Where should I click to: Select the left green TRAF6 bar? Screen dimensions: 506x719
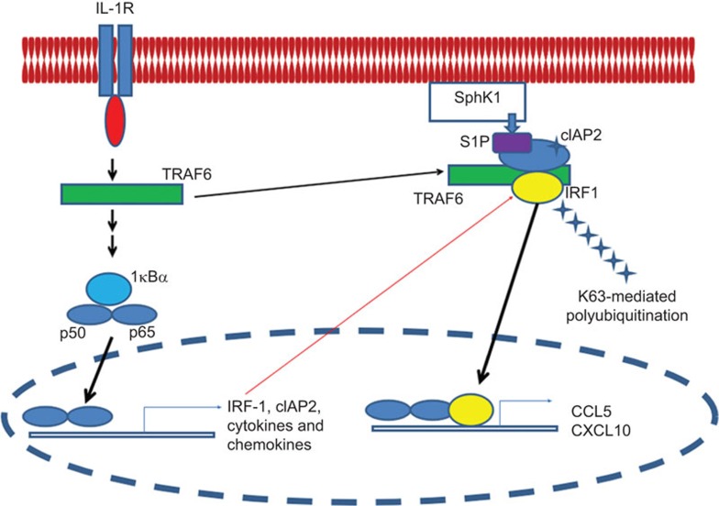[x=121, y=193]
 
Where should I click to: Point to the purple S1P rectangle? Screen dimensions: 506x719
[x=514, y=142]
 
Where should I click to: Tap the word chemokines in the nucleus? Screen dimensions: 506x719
[x=264, y=445]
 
